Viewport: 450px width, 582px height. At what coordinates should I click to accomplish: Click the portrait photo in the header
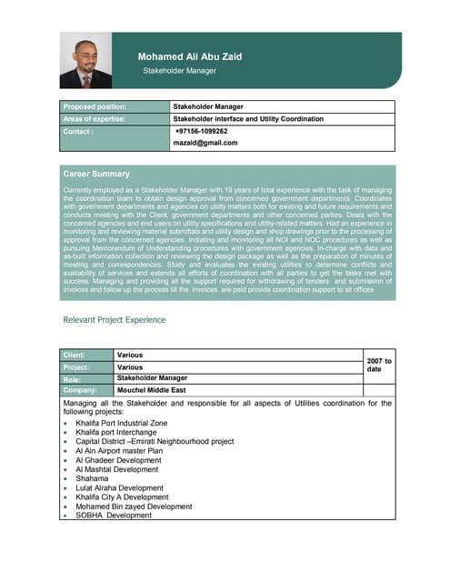pos(85,61)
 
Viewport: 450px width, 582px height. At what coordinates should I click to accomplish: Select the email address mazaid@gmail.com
pos(205,143)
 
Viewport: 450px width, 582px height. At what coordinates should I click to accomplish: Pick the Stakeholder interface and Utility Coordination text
pos(247,118)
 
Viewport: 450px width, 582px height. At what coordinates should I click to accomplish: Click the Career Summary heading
pos(96,173)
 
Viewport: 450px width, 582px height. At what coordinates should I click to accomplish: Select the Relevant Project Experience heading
pos(114,319)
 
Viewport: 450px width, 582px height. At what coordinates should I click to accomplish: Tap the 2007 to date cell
pos(377,366)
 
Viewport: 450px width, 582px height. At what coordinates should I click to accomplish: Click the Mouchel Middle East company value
pos(152,390)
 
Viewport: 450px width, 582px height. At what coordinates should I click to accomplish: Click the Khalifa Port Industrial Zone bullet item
pos(122,424)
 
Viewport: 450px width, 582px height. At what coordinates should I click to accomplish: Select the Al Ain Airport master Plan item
pos(119,451)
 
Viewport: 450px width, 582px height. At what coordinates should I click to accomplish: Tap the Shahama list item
pos(93,478)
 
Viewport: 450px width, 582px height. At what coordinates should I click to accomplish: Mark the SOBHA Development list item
pos(114,515)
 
